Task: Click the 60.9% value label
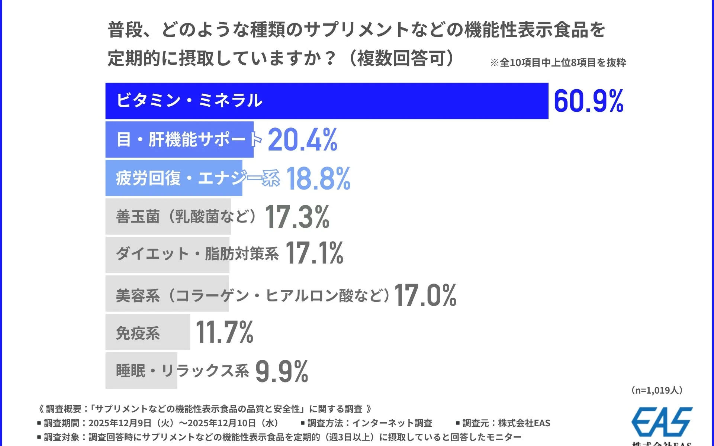click(x=588, y=101)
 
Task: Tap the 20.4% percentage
click(x=302, y=140)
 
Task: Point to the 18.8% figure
click(x=318, y=178)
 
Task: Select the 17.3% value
click(x=297, y=217)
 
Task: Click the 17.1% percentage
click(x=315, y=253)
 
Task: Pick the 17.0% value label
click(x=425, y=295)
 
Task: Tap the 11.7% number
click(x=224, y=332)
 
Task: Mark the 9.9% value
click(x=282, y=371)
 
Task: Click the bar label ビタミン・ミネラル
click(x=189, y=101)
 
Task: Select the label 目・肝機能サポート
click(x=189, y=140)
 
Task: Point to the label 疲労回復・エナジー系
click(x=197, y=178)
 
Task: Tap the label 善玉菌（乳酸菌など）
click(x=186, y=217)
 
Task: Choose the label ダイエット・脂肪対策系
click(x=197, y=254)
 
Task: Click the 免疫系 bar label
click(x=138, y=333)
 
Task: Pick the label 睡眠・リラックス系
click(x=182, y=371)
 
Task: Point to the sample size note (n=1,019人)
click(x=657, y=390)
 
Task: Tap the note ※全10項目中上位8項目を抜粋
click(x=558, y=62)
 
